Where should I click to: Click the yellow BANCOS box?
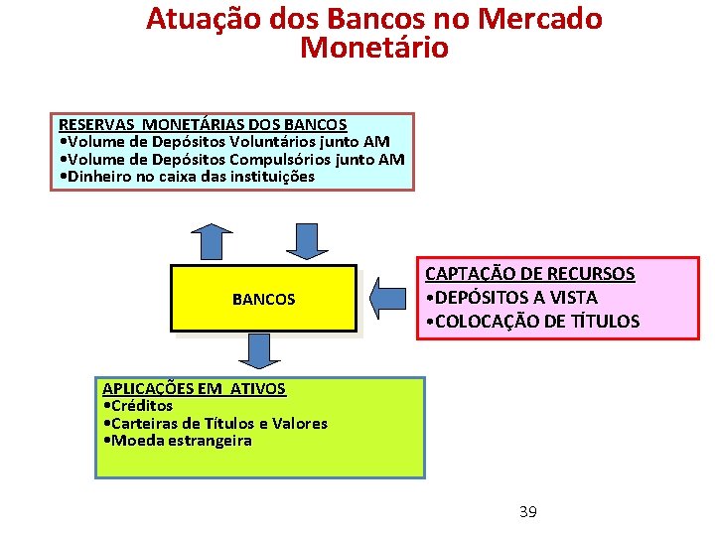(263, 298)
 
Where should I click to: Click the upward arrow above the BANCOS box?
(212, 242)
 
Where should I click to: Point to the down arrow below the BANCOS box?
(259, 350)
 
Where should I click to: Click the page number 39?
(527, 512)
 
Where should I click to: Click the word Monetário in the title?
(373, 47)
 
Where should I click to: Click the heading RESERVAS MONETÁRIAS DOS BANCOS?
(203, 125)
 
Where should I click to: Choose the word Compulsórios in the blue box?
(287, 159)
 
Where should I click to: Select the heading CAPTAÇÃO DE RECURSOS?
(529, 274)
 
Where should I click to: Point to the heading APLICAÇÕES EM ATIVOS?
(194, 388)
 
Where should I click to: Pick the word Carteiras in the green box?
(148, 423)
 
